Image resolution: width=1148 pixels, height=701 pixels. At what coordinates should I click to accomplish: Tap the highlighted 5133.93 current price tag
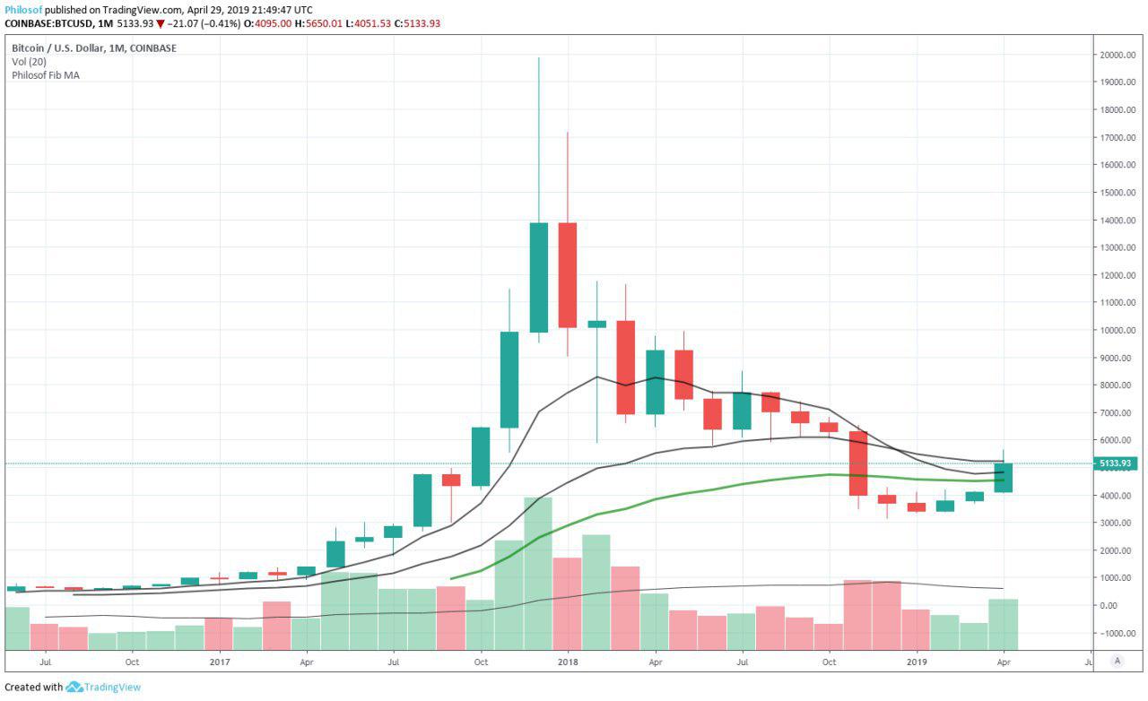tap(1115, 463)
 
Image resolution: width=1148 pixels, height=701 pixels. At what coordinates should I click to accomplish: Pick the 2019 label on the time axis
tap(916, 662)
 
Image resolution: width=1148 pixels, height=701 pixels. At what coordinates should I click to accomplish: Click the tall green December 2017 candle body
tap(538, 277)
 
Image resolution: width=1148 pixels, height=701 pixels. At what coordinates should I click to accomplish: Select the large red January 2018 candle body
tap(567, 275)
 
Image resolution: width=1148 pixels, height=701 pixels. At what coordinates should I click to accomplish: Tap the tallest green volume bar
tap(538, 573)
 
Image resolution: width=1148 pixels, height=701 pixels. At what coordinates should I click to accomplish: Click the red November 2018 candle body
tap(858, 463)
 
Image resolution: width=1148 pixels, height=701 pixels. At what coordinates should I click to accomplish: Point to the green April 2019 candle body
tap(1003, 477)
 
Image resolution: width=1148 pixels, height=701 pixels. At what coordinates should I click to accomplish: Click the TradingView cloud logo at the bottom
tap(74, 688)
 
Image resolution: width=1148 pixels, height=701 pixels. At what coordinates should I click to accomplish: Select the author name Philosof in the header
tap(22, 9)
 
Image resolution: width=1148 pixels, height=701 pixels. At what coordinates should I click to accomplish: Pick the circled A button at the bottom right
tap(1117, 661)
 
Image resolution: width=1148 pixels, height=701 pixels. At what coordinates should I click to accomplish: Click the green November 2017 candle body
tap(509, 379)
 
